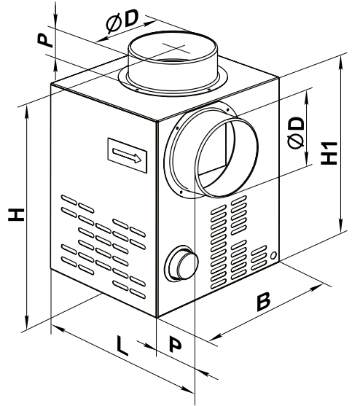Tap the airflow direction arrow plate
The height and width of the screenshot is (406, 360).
127,153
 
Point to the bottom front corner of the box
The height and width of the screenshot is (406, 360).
157,319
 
